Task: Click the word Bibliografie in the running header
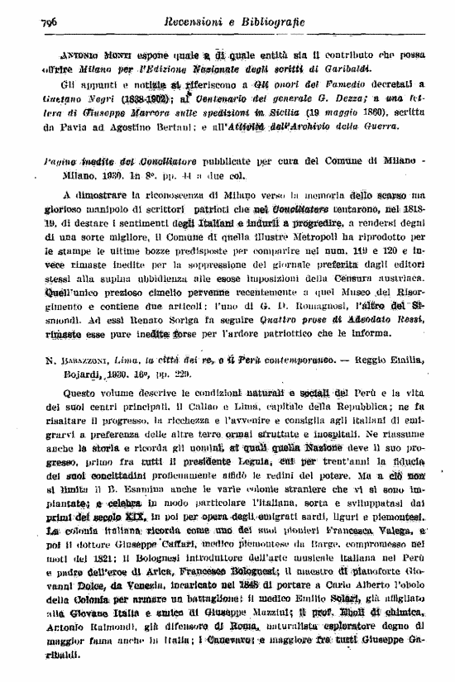271,21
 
